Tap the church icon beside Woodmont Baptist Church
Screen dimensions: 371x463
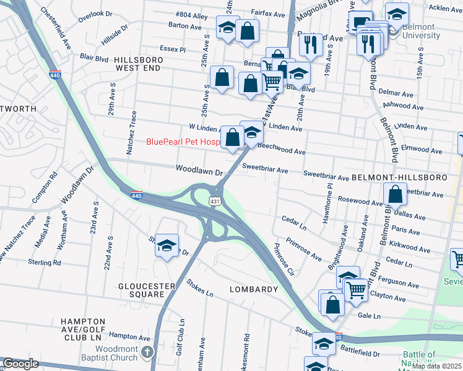[147, 352]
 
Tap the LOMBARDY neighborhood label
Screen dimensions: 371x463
[254, 289]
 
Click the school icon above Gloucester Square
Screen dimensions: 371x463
[167, 245]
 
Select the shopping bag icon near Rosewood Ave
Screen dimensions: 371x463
[395, 195]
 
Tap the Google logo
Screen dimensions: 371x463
[20, 364]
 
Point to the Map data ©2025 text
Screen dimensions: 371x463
[436, 366]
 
